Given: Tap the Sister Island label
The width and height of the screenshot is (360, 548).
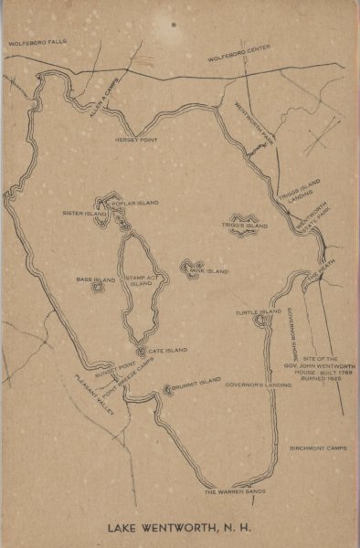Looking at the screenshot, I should tap(79, 213).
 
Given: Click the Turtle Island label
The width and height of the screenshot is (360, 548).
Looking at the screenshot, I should tap(259, 312).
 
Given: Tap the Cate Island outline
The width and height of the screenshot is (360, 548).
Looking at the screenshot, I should tap(142, 350).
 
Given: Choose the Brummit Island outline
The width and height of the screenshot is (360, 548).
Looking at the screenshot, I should tap(168, 390).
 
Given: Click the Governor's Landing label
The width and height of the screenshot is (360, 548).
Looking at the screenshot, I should tap(259, 385).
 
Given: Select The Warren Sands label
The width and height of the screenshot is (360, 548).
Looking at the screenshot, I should tap(235, 492).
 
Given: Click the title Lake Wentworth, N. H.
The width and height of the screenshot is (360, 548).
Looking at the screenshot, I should tap(179, 527).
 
